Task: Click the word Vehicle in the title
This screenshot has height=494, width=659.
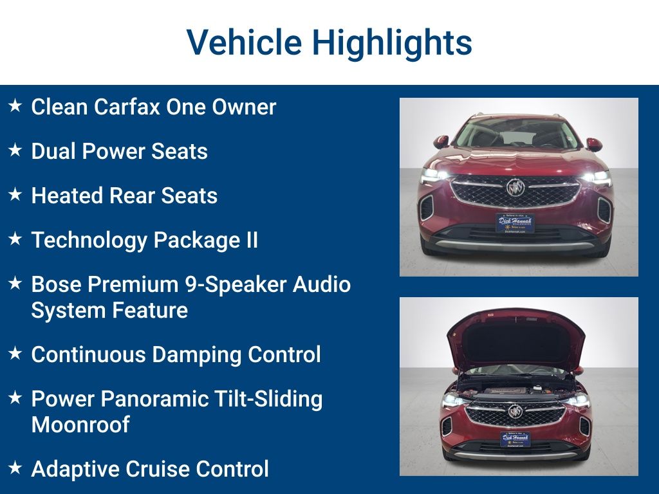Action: click(244, 42)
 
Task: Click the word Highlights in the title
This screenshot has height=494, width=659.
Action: click(392, 44)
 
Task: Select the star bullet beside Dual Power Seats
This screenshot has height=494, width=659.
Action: click(15, 150)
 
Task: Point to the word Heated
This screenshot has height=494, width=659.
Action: click(67, 196)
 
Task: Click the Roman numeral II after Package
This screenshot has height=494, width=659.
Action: click(252, 240)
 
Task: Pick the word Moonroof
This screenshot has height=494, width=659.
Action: click(80, 425)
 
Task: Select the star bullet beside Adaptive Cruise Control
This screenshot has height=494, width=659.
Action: click(15, 468)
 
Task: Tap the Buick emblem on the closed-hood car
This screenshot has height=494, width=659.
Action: click(515, 187)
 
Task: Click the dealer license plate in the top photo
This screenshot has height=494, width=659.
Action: click(515, 223)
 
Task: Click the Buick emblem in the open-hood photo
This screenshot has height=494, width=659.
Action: click(515, 411)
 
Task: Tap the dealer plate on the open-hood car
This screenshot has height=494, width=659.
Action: click(515, 439)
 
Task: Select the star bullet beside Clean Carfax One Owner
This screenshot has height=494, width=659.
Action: click(15, 105)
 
